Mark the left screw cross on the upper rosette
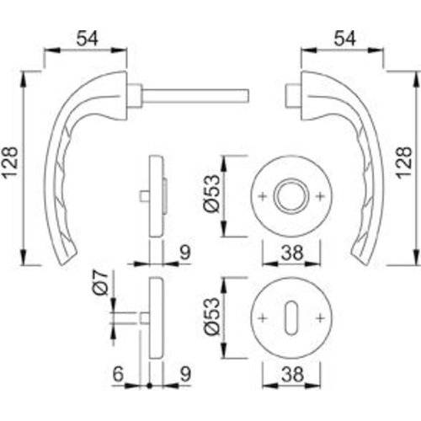point(264,196)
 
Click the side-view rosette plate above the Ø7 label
point(154,194)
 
